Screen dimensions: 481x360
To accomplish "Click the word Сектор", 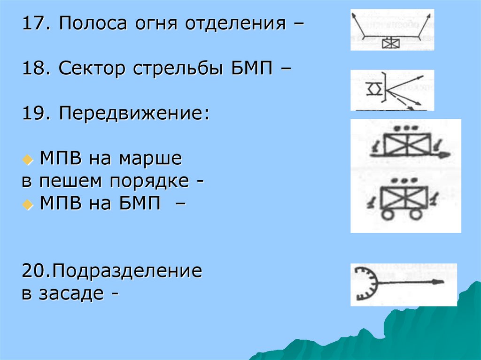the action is tap(94, 69).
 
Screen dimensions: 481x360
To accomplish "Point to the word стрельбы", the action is tap(175, 70).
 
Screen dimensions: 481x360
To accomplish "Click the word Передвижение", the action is tap(133, 114).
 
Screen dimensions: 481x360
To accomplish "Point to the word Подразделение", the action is tap(126, 271).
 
